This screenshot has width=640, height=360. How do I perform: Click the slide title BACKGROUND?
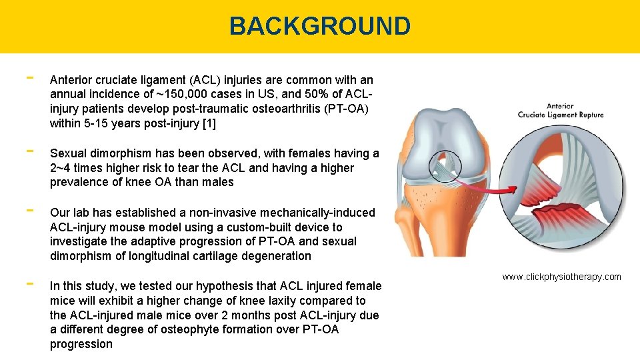tap(319, 26)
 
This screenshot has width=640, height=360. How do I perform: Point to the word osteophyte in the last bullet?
tap(201, 329)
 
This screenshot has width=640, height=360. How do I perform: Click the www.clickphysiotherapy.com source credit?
tap(561, 277)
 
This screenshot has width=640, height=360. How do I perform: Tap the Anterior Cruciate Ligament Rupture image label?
tap(561, 111)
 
